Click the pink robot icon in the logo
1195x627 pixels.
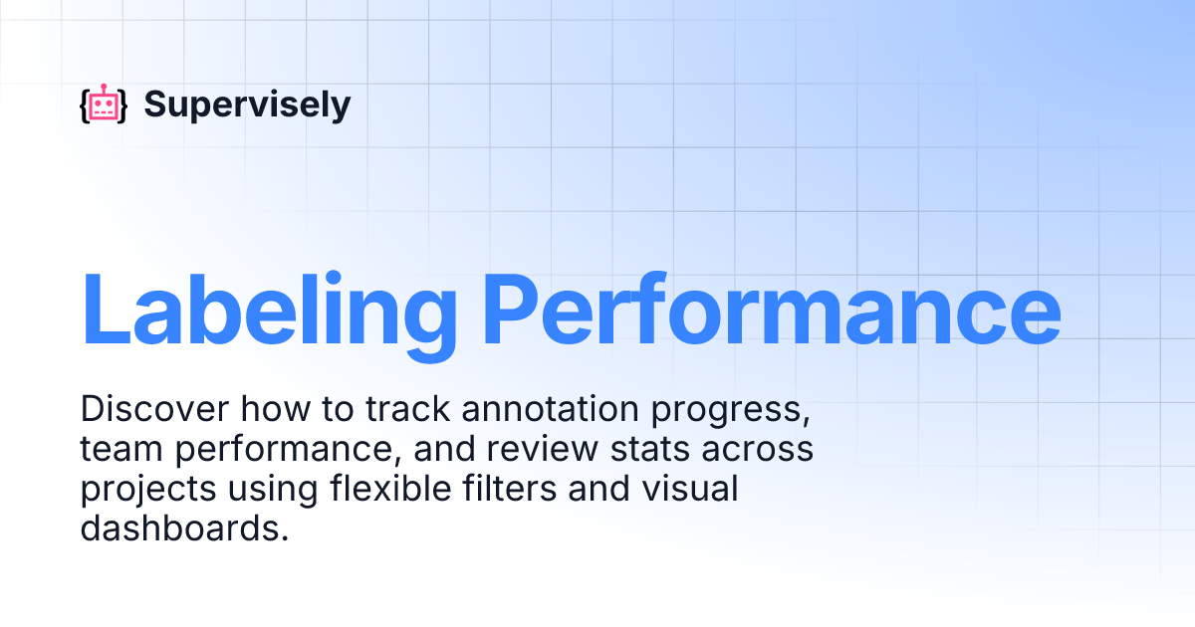[104, 104]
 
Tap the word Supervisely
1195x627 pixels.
[247, 104]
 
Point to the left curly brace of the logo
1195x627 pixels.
[84, 105]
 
